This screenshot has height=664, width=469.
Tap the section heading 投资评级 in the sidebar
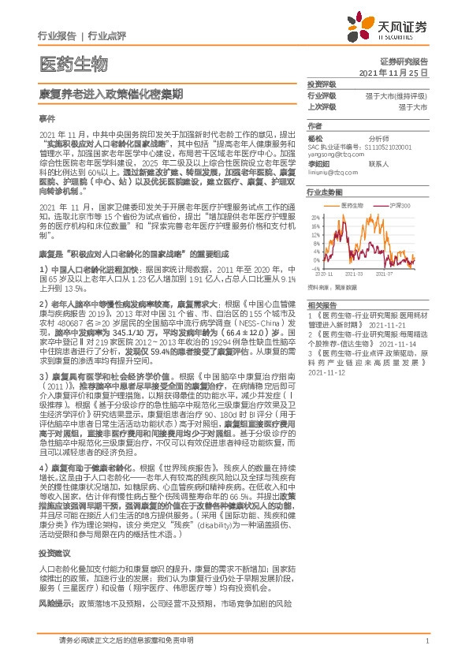(322, 84)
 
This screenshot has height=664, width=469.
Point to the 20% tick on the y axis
(315, 216)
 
